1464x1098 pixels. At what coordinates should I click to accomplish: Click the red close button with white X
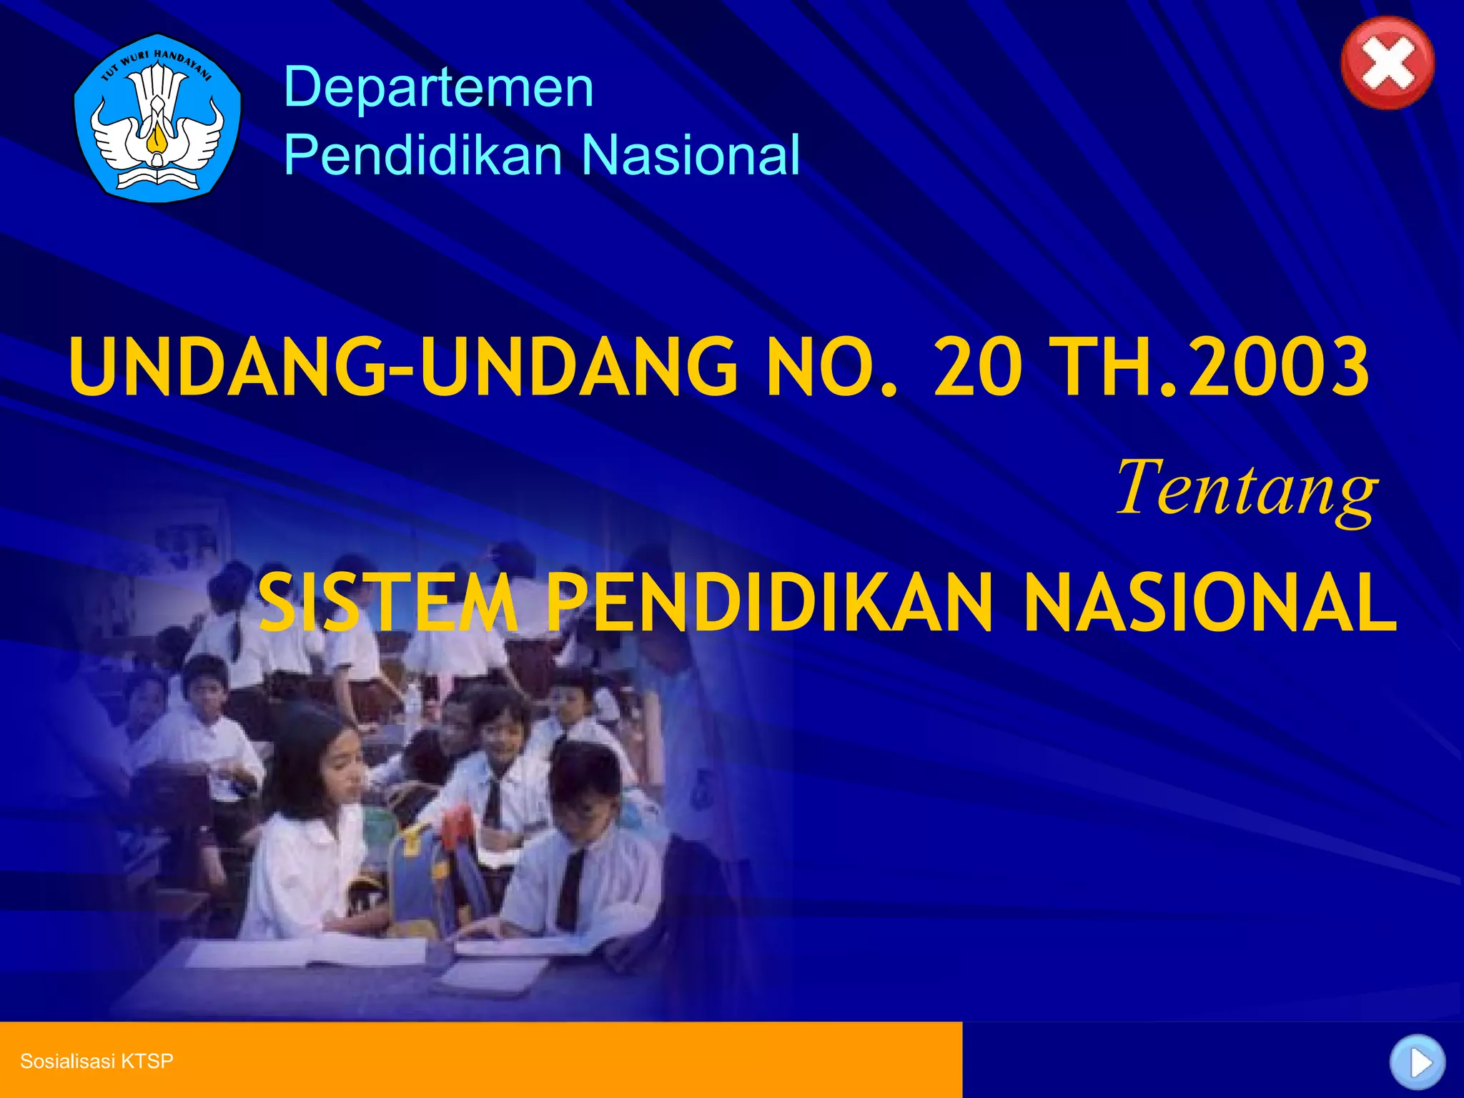1387,63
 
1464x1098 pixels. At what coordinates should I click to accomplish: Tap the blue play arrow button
1418,1062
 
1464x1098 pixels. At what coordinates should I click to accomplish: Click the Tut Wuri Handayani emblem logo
157,118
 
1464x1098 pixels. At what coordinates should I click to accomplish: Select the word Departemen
438,87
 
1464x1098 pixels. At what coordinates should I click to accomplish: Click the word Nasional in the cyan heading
691,154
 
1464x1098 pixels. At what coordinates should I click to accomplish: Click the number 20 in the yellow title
976,367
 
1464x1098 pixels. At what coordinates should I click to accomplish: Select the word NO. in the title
831,367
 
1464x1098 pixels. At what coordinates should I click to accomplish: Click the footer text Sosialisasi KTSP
97,1061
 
